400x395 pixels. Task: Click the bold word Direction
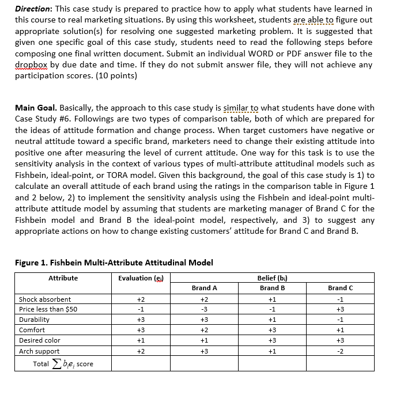pyautogui.click(x=35, y=9)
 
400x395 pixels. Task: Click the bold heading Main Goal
pyautogui.click(x=36, y=108)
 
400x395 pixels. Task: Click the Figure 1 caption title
pyautogui.click(x=114, y=263)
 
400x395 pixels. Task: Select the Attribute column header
pyautogui.click(x=63, y=278)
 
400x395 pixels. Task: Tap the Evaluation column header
pyautogui.click(x=141, y=278)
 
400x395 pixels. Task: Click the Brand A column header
pyautogui.click(x=205, y=288)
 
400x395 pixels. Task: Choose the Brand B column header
pyautogui.click(x=273, y=288)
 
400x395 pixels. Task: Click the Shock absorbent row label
pyautogui.click(x=45, y=299)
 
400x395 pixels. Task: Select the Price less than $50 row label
pyautogui.click(x=48, y=310)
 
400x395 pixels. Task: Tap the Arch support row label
pyautogui.click(x=39, y=351)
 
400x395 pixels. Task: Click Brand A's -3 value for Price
pyautogui.click(x=205, y=310)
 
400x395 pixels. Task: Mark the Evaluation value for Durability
pyautogui.click(x=141, y=320)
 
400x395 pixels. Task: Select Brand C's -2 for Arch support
pyautogui.click(x=340, y=351)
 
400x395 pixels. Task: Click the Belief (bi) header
pyautogui.click(x=272, y=278)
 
